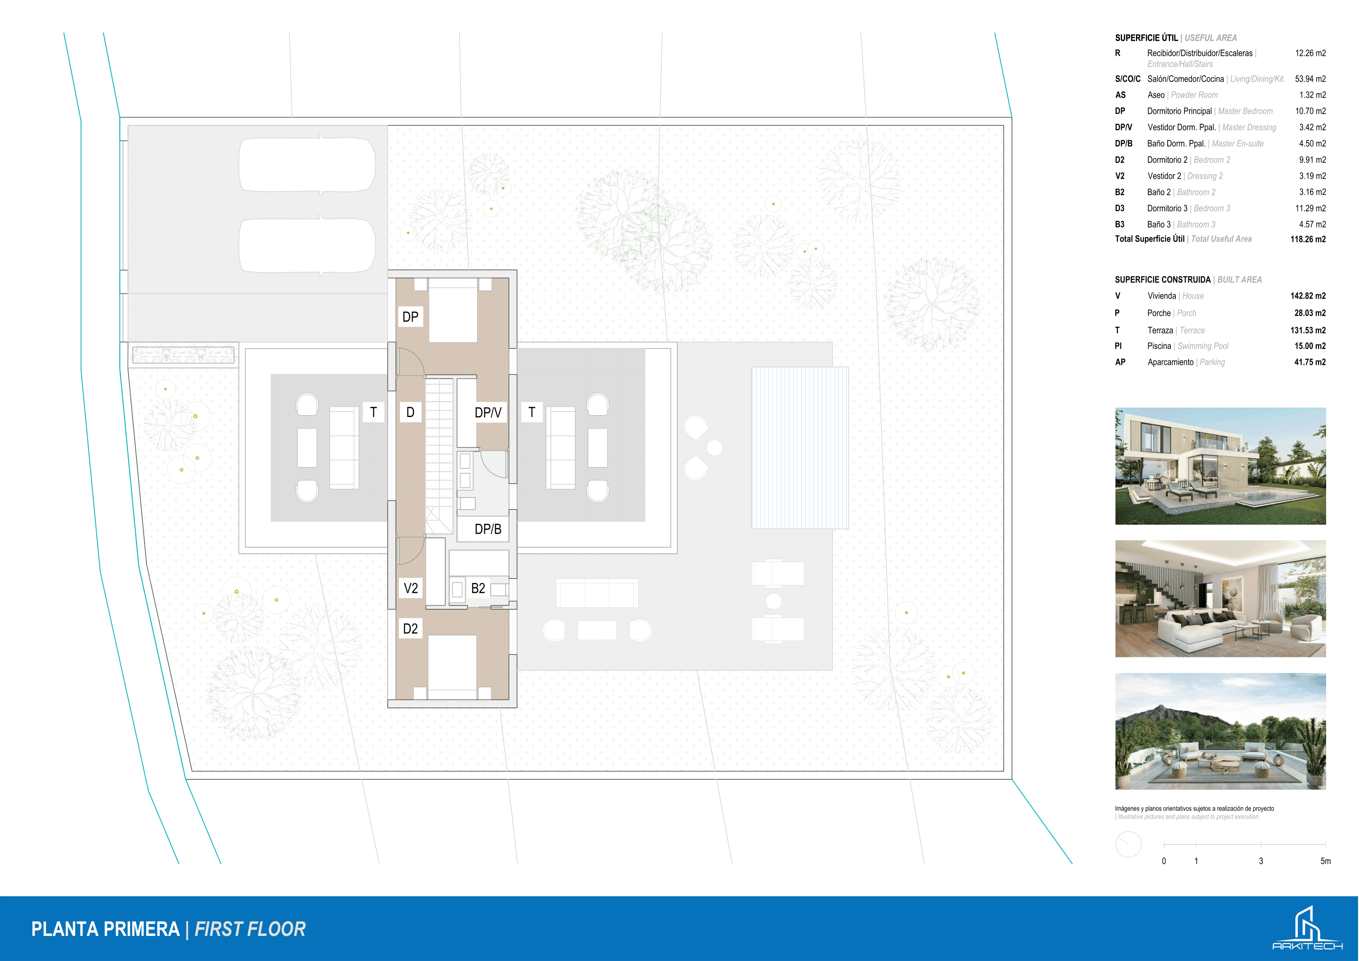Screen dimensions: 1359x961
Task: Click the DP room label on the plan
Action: pyautogui.click(x=410, y=317)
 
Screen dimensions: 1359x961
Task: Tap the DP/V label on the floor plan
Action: pyautogui.click(x=488, y=413)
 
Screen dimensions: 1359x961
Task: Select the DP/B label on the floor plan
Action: pyautogui.click(x=488, y=529)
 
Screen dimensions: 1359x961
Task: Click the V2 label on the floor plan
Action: pyautogui.click(x=411, y=588)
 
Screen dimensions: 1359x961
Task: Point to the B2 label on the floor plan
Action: pyautogui.click(x=478, y=588)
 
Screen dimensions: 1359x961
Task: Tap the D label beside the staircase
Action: pyautogui.click(x=410, y=412)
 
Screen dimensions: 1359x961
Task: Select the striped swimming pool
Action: pyautogui.click(x=800, y=448)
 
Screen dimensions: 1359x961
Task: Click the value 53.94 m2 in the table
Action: pyautogui.click(x=1310, y=79)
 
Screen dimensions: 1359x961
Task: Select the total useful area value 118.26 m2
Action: pyautogui.click(x=1308, y=239)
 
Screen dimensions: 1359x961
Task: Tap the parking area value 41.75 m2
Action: pyautogui.click(x=1309, y=362)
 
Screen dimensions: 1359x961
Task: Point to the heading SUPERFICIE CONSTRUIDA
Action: pyautogui.click(x=1163, y=279)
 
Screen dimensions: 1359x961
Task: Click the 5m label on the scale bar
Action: pyautogui.click(x=1325, y=861)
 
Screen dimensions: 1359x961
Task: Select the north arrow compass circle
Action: pyautogui.click(x=1128, y=844)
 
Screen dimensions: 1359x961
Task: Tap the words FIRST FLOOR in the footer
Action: pyautogui.click(x=250, y=929)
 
